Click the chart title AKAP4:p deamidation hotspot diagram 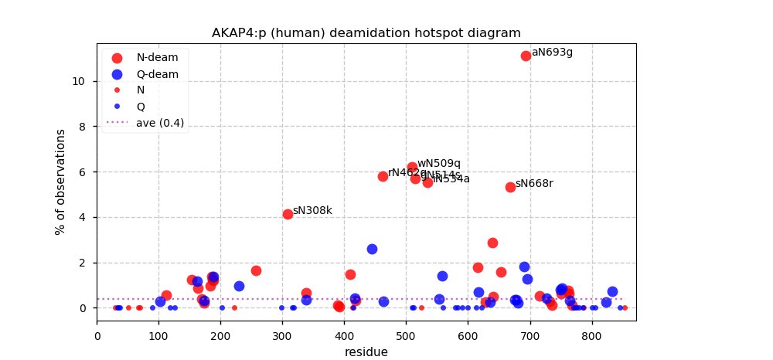tap(366, 33)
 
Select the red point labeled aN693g tap(526, 56)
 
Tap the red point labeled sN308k tap(288, 214)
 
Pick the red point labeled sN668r tap(510, 187)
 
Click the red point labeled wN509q tap(412, 167)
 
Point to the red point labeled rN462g tap(383, 176)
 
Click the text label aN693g tap(552, 53)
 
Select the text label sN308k tap(312, 210)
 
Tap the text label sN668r tap(534, 184)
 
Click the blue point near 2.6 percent tap(372, 249)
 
